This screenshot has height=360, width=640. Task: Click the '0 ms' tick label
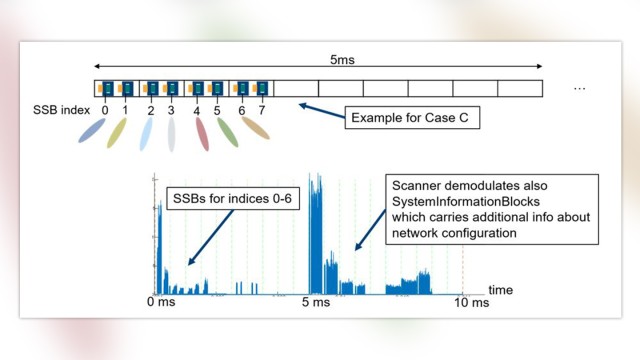[x=161, y=302]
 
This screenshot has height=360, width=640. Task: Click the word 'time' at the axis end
[x=501, y=289]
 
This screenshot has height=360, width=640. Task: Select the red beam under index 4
[x=202, y=134]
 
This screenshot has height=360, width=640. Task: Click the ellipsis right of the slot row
[x=579, y=88]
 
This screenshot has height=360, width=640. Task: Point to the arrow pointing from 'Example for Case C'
[x=322, y=108]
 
